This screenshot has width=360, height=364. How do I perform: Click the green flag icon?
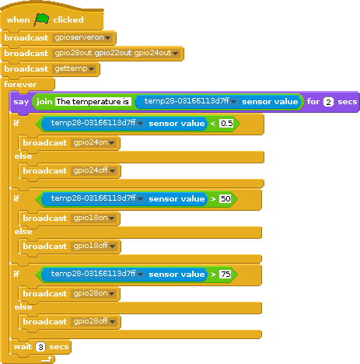tap(41, 19)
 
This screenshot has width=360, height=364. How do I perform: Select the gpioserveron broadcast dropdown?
tap(82, 37)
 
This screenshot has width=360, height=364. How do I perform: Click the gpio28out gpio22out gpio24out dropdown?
tap(117, 53)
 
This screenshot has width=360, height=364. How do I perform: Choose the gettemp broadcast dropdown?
tap(74, 68)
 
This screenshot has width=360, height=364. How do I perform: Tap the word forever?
tap(20, 84)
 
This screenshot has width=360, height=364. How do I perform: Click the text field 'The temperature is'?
tap(93, 102)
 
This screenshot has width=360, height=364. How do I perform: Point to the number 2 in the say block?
tap(328, 102)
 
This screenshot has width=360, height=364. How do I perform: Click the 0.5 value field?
tap(226, 124)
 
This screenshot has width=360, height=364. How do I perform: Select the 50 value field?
tap(225, 199)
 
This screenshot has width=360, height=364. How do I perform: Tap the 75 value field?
tap(225, 275)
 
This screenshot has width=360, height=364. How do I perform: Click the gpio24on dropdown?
tap(93, 142)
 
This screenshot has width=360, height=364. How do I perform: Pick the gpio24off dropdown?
tap(94, 170)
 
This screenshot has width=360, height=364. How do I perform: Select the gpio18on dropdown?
tap(93, 218)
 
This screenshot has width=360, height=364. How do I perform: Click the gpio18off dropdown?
tap(94, 246)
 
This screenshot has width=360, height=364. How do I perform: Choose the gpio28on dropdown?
tap(93, 293)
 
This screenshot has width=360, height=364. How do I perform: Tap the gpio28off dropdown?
tap(94, 321)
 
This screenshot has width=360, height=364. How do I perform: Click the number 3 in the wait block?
tap(40, 347)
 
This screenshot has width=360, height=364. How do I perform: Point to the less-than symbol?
tap(213, 124)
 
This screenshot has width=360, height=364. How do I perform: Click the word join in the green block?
tap(44, 102)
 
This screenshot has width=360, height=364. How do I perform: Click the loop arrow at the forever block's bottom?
tap(47, 359)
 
